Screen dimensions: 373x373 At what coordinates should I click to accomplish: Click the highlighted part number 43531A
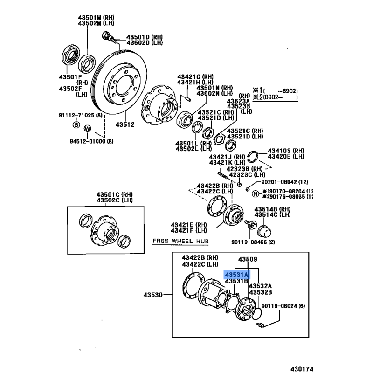coord(237,274)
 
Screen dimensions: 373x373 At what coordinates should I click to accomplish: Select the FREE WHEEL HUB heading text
coord(180,241)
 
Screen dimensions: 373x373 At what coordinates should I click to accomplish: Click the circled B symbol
coord(76,124)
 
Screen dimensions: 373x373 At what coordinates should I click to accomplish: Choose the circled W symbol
coord(87,129)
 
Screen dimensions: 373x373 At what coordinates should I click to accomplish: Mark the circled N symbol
coord(255,193)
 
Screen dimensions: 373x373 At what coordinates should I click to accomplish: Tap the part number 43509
coord(248,259)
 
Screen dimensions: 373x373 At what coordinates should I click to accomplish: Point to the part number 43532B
coord(260,292)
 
